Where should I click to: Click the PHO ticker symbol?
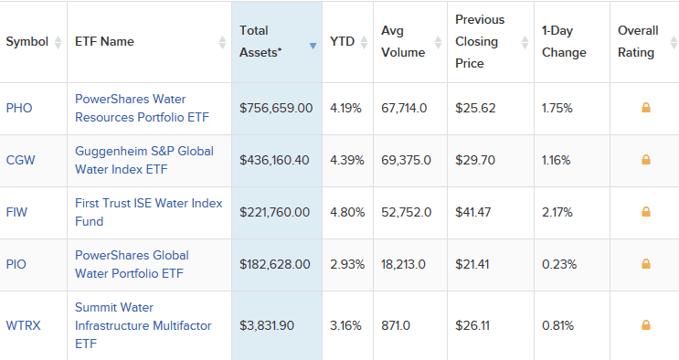(x=18, y=108)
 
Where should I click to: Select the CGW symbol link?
(x=19, y=160)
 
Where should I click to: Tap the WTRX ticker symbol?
(x=22, y=324)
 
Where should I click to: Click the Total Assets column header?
(x=260, y=41)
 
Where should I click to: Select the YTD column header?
(x=342, y=41)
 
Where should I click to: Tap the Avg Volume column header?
(x=403, y=41)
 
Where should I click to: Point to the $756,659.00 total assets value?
(x=276, y=108)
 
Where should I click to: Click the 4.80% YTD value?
(x=345, y=212)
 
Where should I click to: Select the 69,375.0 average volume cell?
(x=406, y=160)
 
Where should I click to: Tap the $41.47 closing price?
(x=474, y=212)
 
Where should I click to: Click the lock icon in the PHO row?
(x=646, y=108)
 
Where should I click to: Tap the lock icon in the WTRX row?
(x=646, y=324)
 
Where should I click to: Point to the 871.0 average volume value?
(x=395, y=324)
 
